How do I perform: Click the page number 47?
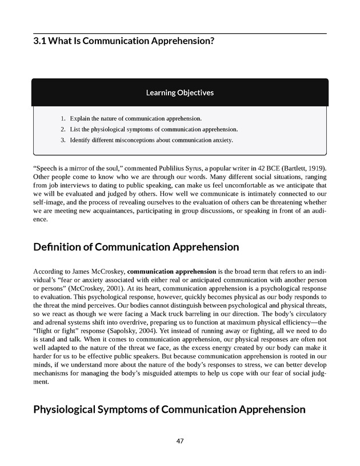click(180, 441)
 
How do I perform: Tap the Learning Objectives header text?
click(180, 92)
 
